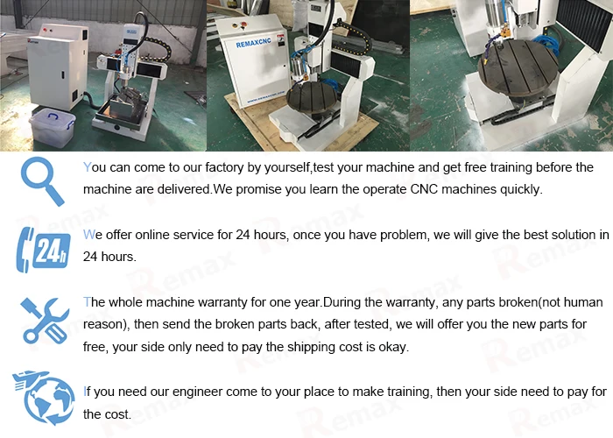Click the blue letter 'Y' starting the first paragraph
coord(88,167)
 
